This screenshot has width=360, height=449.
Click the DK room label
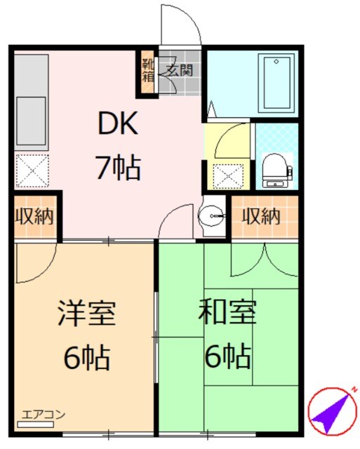118,125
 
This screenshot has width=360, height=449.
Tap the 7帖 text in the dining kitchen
118,168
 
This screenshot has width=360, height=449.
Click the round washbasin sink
211,217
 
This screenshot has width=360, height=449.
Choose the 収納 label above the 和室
261,217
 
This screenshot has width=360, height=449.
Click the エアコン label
44,414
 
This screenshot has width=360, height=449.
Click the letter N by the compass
354,389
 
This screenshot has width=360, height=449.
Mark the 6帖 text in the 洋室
86,358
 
